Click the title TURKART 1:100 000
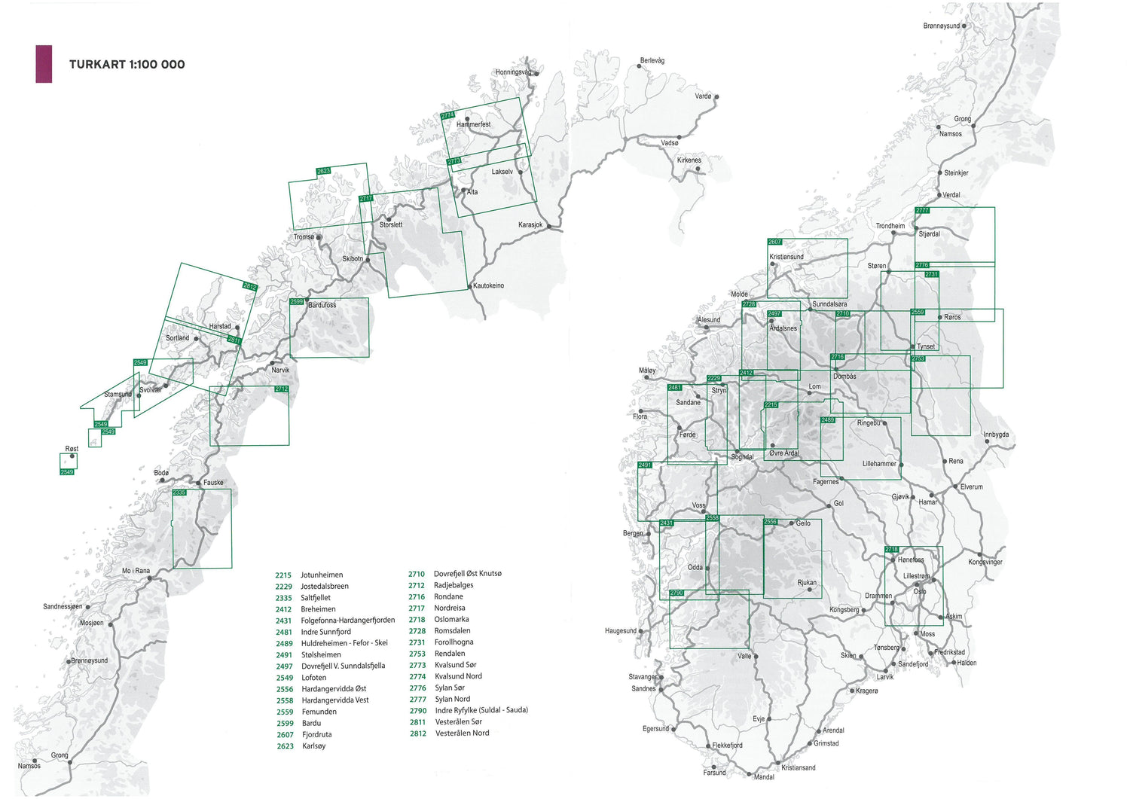pos(127,65)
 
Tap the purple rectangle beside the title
pos(44,64)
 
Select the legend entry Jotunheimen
pos(322,575)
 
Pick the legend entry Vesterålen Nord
pos(462,733)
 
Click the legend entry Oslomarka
pos(451,620)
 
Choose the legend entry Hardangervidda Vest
pos(335,700)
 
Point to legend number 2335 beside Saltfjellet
pos(284,598)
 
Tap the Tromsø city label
pos(304,237)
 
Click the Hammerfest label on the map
pos(474,124)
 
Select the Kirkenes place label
pos(689,160)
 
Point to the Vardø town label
pos(703,96)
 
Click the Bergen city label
pos(633,533)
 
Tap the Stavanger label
pos(643,677)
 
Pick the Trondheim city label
pos(890,226)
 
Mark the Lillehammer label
pos(879,464)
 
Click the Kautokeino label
pos(488,286)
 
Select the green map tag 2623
pos(323,172)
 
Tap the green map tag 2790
pos(676,593)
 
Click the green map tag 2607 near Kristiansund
pos(774,242)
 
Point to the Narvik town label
pos(280,371)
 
